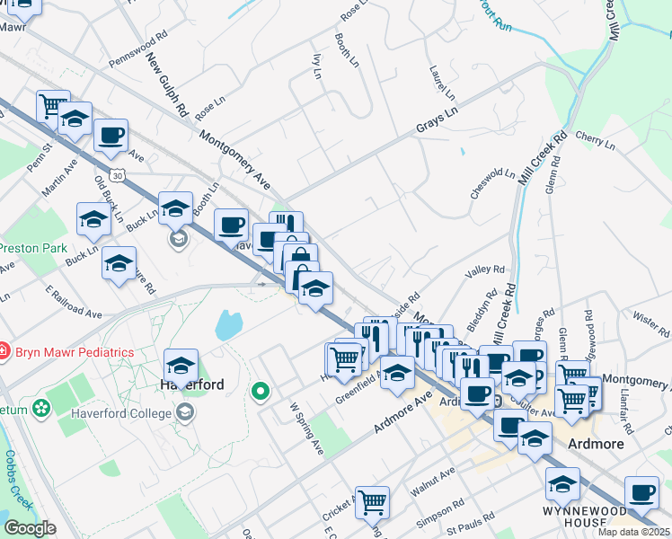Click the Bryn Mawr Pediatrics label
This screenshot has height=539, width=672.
click(74, 352)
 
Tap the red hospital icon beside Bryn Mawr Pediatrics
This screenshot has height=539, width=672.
click(5, 351)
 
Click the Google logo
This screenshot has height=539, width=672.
click(30, 527)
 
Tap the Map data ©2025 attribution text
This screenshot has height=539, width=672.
click(634, 532)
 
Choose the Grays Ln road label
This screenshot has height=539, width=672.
click(437, 121)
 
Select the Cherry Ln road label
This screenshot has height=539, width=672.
click(594, 140)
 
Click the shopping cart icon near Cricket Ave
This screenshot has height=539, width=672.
click(371, 503)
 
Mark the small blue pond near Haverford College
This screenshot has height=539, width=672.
click(227, 323)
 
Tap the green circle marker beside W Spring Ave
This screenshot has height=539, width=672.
click(261, 391)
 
